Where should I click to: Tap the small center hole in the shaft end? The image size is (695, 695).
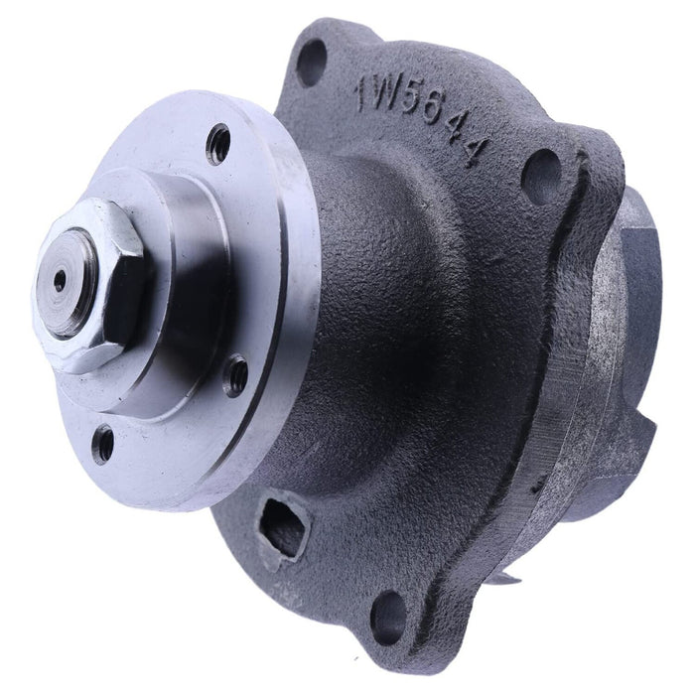(x=60, y=281)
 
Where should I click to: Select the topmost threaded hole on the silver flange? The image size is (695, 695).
(x=218, y=145)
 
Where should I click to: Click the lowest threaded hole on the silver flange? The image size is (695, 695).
(x=103, y=443)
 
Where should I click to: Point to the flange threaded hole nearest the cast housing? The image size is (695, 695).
(x=237, y=374)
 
